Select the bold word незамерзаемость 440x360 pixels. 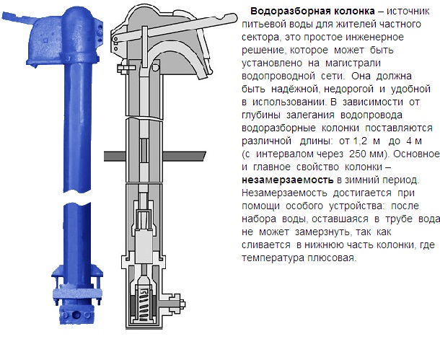pos(288,180)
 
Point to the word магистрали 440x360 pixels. pos(353,63)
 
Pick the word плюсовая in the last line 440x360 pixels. pos(332,258)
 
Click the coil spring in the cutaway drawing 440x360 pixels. pos(144,304)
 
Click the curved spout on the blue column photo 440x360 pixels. pos(17,18)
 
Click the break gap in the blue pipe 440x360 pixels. pos(77,197)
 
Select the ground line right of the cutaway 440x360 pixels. pos(185,156)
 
